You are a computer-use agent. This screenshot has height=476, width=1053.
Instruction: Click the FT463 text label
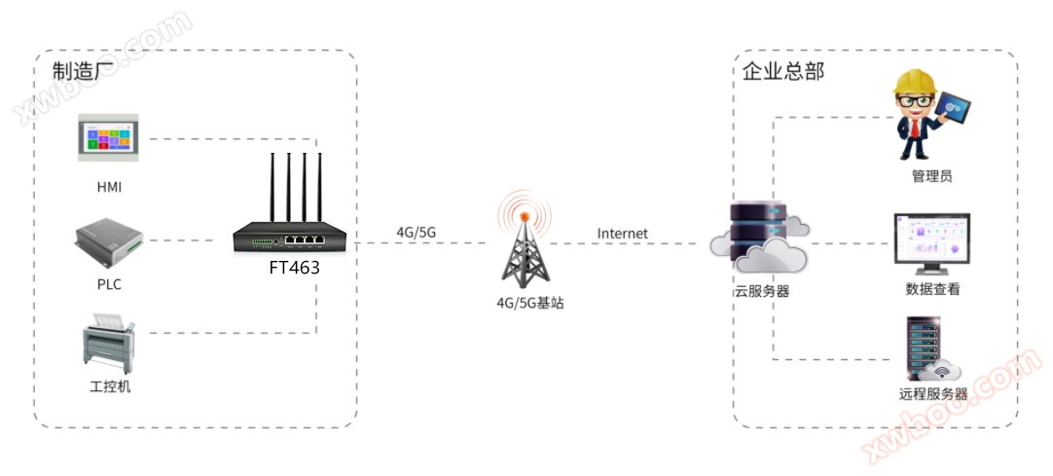click(294, 267)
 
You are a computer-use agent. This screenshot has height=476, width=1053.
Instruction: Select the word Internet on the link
click(622, 234)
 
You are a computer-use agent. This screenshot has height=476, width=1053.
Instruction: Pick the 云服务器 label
click(761, 290)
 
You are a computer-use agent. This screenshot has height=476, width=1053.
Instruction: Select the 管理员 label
click(931, 176)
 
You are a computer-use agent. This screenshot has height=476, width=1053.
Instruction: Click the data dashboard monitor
click(931, 241)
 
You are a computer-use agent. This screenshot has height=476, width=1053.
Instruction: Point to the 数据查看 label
click(932, 289)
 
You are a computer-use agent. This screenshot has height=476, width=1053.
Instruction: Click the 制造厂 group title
click(85, 72)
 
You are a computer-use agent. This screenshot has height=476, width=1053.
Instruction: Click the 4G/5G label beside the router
click(416, 232)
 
